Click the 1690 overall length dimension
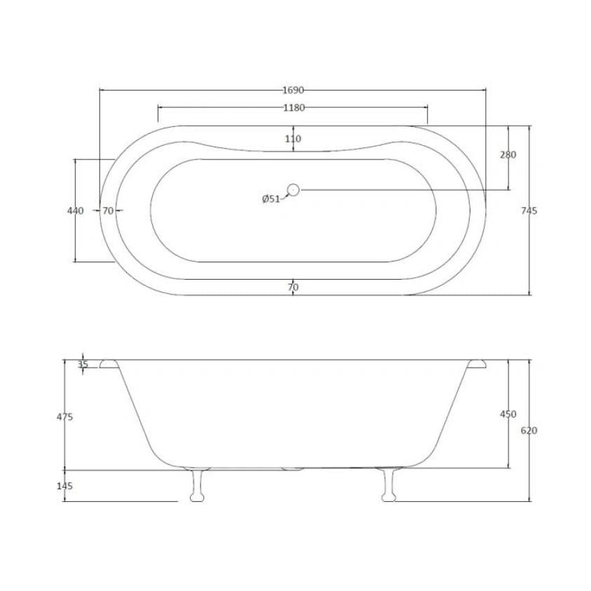[293, 90]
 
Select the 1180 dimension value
[294, 108]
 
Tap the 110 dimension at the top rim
[293, 139]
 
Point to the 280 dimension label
[508, 154]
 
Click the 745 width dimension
[529, 211]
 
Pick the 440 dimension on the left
[76, 211]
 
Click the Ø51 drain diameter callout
[271, 199]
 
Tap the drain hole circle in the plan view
[293, 190]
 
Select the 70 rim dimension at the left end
[108, 211]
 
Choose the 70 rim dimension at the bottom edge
[293, 287]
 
